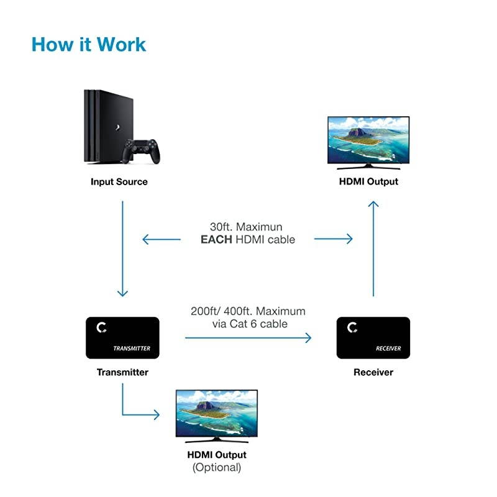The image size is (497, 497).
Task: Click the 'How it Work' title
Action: click(x=88, y=45)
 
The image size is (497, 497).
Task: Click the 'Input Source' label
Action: click(x=119, y=182)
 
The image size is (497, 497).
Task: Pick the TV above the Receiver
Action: click(x=369, y=142)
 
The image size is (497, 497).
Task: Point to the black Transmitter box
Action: click(x=122, y=338)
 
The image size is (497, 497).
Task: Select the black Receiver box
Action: click(x=373, y=338)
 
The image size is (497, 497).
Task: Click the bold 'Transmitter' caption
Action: click(x=122, y=372)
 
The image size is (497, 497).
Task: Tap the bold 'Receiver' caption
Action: click(x=373, y=372)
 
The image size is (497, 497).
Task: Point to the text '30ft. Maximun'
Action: click(x=248, y=227)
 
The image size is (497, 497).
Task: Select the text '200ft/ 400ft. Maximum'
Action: click(x=248, y=311)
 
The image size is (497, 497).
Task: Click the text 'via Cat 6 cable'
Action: click(x=248, y=323)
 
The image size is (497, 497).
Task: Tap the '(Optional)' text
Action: click(x=217, y=467)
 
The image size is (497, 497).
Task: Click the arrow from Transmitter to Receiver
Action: click(x=248, y=338)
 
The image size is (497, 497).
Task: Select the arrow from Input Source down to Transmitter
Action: click(x=122, y=248)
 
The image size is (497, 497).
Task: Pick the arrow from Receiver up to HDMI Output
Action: click(x=373, y=248)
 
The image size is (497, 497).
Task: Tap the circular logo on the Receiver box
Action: click(x=352, y=327)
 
